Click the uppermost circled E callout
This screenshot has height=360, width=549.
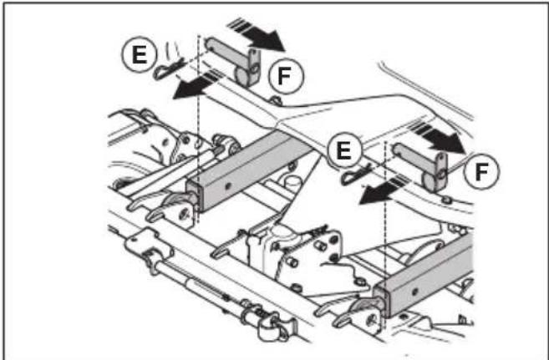click(x=140, y=54)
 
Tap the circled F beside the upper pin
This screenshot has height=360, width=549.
click(x=285, y=75)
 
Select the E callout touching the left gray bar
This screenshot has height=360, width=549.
click(x=343, y=150)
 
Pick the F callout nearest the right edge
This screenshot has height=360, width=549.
click(x=482, y=171)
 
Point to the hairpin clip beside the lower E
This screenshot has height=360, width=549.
click(x=356, y=175)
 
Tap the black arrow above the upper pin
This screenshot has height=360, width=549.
click(x=256, y=34)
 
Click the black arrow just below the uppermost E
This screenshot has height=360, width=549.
click(x=196, y=84)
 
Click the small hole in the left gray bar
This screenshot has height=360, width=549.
click(x=229, y=185)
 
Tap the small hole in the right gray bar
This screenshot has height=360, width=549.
click(x=414, y=291)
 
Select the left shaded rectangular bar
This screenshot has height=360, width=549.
click(x=248, y=170)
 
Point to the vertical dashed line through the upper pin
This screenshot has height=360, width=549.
click(x=199, y=129)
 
